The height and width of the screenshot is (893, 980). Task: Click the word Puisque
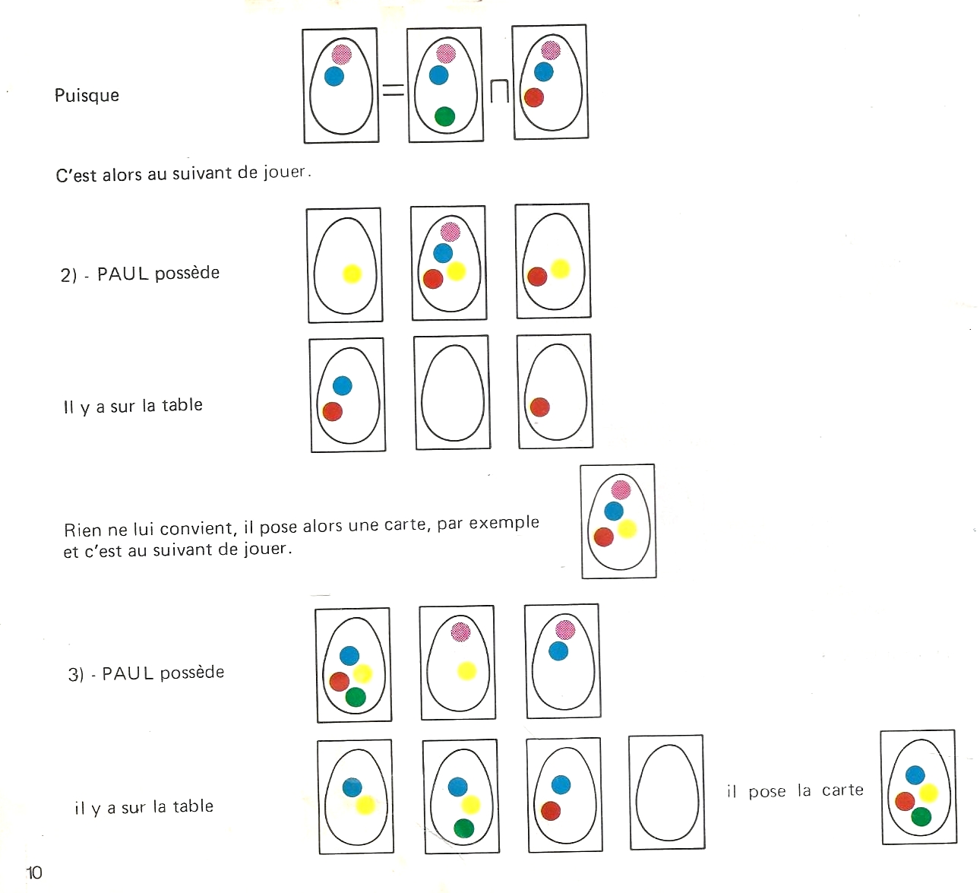point(87,96)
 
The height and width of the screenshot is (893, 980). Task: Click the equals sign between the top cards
point(393,90)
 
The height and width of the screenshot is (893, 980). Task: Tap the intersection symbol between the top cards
point(498,91)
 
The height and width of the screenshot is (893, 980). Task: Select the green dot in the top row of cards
point(444,116)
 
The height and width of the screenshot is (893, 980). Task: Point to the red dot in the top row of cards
point(534,97)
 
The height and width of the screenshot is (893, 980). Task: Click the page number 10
point(34,872)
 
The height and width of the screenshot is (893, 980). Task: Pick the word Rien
point(83,530)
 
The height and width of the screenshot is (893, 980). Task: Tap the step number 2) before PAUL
point(68,275)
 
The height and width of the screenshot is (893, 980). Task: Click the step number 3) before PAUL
point(76,675)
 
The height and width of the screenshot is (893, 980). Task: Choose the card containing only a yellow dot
point(345,265)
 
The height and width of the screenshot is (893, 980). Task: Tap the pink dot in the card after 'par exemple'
point(621,489)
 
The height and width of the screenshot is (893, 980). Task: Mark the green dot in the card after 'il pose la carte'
point(921,817)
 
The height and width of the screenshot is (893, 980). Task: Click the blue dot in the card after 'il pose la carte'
point(915,775)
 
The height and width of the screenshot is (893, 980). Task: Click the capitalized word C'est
point(76,176)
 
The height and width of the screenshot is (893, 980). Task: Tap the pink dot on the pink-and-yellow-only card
point(460,632)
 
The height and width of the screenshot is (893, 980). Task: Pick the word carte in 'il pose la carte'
point(842,790)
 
